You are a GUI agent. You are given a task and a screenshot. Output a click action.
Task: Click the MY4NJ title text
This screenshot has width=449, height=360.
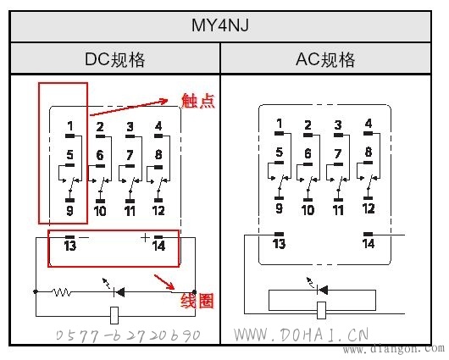tap(220, 25)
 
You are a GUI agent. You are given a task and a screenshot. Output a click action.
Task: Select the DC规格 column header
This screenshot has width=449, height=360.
tap(115, 59)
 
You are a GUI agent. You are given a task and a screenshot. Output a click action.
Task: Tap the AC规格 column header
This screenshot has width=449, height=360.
tap(325, 59)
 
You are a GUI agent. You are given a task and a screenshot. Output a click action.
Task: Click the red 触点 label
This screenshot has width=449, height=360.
tap(198, 101)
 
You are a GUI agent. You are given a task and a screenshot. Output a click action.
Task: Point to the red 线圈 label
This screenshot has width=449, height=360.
tap(197, 301)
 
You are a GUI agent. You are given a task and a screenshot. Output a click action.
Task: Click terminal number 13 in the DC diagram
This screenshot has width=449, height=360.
tap(70, 246)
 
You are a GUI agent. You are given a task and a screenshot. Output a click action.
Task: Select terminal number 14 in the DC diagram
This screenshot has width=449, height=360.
tap(158, 246)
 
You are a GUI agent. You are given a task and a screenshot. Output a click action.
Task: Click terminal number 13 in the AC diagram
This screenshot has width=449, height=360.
tap(279, 244)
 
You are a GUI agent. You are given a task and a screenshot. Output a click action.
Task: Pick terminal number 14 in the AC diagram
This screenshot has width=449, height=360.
tap(369, 244)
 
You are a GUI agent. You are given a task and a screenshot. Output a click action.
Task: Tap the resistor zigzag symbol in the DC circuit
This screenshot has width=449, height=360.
tap(62, 292)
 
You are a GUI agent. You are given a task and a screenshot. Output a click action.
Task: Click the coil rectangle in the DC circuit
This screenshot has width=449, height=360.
tap(114, 316)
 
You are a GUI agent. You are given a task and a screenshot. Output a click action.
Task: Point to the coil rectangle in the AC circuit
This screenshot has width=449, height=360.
tap(322, 310)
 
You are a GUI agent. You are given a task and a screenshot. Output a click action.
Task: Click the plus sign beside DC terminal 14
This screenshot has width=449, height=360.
tap(146, 237)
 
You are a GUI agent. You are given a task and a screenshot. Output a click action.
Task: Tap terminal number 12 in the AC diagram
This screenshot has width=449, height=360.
tap(369, 208)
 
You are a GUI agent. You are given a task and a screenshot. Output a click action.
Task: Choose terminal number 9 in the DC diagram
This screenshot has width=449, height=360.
tap(69, 211)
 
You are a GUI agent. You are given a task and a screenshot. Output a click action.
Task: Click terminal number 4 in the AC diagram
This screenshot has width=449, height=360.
tap(369, 124)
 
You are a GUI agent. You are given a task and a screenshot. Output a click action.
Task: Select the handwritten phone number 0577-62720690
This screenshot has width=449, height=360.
tap(128, 335)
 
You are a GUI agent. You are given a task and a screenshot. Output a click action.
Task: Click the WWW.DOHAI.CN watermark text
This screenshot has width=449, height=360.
tap(301, 335)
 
